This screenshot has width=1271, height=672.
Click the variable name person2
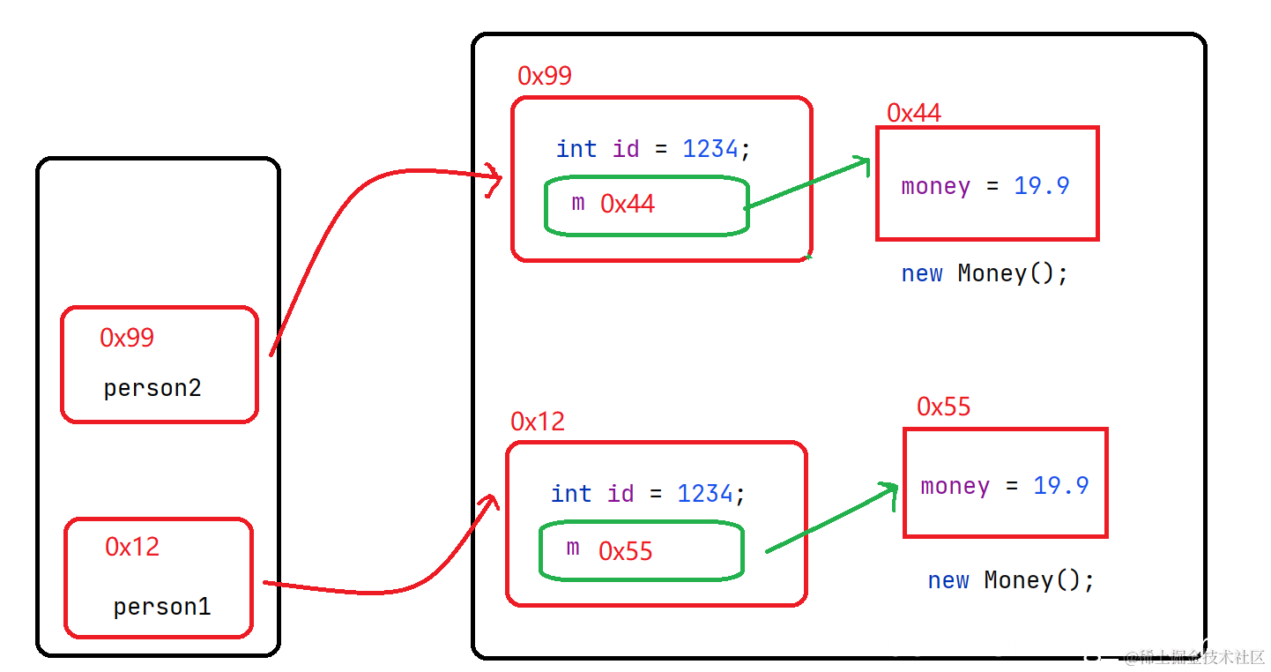152,389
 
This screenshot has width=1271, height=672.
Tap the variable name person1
162,608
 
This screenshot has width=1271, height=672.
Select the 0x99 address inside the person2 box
127,338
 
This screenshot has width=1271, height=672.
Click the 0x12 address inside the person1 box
132,547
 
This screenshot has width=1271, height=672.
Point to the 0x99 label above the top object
545,76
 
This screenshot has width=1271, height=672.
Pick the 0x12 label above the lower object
538,422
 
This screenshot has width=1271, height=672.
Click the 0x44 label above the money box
914,113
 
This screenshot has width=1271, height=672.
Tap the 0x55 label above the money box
944,407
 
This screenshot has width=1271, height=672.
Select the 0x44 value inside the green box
628,204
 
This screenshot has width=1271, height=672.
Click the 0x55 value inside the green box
626,551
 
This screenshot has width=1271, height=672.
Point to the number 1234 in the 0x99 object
710,149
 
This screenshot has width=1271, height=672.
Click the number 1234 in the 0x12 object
705,494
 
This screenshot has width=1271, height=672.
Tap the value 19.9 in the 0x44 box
1042,185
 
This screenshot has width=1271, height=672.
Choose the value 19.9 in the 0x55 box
1061,486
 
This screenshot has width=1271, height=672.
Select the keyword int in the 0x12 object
571,494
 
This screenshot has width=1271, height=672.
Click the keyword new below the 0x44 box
922,274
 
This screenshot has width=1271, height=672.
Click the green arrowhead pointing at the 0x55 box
889,494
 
